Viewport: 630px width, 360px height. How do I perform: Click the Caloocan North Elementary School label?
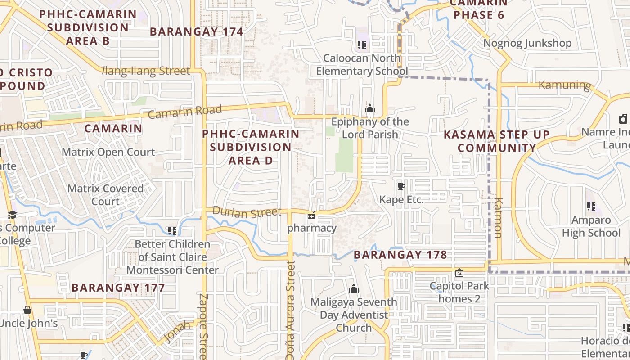pyautogui.click(x=362, y=65)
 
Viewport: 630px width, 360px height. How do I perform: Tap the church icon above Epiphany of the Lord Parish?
pyautogui.click(x=370, y=108)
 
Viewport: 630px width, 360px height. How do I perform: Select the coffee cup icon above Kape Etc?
pyautogui.click(x=401, y=186)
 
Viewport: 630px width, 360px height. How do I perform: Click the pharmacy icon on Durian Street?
pyautogui.click(x=311, y=216)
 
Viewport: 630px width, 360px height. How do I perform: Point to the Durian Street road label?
pyautogui.click(x=247, y=212)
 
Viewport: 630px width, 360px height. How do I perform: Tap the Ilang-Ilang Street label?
pyautogui.click(x=146, y=71)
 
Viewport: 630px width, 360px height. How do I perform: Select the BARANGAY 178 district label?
pyautogui.click(x=400, y=255)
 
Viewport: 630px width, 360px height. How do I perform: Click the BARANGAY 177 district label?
pyautogui.click(x=118, y=287)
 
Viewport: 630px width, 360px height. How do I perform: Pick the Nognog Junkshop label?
pyautogui.click(x=527, y=43)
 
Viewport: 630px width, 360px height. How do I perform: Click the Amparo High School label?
pyautogui.click(x=591, y=226)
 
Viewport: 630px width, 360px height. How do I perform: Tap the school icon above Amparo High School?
pyautogui.click(x=591, y=207)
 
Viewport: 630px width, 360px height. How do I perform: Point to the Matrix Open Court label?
pyautogui.click(x=108, y=152)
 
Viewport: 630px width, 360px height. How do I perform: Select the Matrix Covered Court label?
pyautogui.click(x=105, y=195)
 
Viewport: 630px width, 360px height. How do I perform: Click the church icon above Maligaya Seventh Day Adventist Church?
pyautogui.click(x=354, y=288)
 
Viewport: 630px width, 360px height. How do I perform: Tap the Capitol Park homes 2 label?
pyautogui.click(x=459, y=292)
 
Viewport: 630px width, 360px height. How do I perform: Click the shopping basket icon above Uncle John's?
pyautogui.click(x=27, y=310)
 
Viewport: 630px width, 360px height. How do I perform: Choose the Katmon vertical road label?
pyautogui.click(x=498, y=217)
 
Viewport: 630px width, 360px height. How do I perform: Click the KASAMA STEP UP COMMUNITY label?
pyautogui.click(x=497, y=141)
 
